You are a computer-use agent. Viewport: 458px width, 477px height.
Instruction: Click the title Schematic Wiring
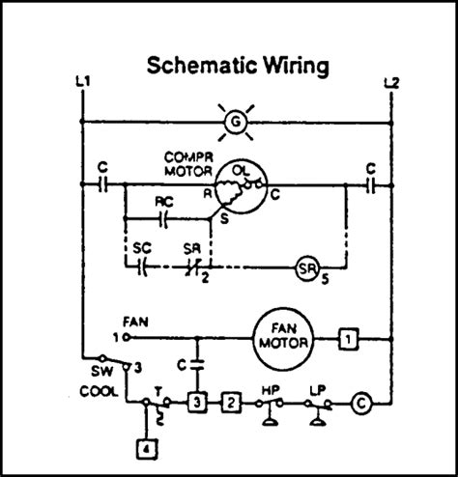[x=238, y=67]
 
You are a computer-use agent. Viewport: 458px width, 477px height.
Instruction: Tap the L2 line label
[x=390, y=84]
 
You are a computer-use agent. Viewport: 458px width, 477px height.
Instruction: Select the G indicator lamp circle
[x=232, y=123]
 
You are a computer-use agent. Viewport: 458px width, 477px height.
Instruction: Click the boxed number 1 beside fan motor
[x=350, y=339]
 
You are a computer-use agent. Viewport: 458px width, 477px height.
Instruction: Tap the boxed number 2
[x=230, y=401]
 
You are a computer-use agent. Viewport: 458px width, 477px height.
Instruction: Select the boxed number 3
[x=196, y=401]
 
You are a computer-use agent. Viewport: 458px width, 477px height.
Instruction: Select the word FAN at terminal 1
[x=135, y=320]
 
